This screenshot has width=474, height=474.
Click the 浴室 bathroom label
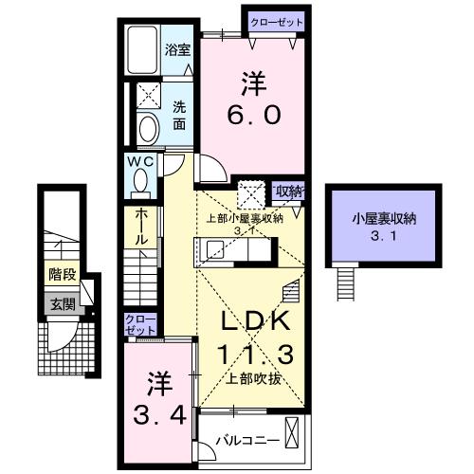[x=177, y=48]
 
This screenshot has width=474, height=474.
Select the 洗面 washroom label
[x=179, y=116]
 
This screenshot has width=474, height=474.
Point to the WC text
[x=139, y=161]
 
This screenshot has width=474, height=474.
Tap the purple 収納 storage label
[x=288, y=191]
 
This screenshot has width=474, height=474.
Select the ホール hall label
[x=140, y=228]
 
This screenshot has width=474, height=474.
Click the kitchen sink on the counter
[x=214, y=250]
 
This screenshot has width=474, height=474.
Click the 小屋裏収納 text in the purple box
[x=384, y=218]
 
